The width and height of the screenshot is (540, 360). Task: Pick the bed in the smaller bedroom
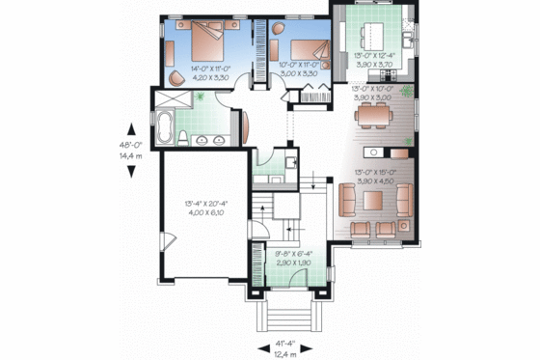point(304,47)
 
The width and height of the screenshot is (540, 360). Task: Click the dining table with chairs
point(374,116)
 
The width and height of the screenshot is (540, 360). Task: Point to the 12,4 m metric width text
point(283,355)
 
